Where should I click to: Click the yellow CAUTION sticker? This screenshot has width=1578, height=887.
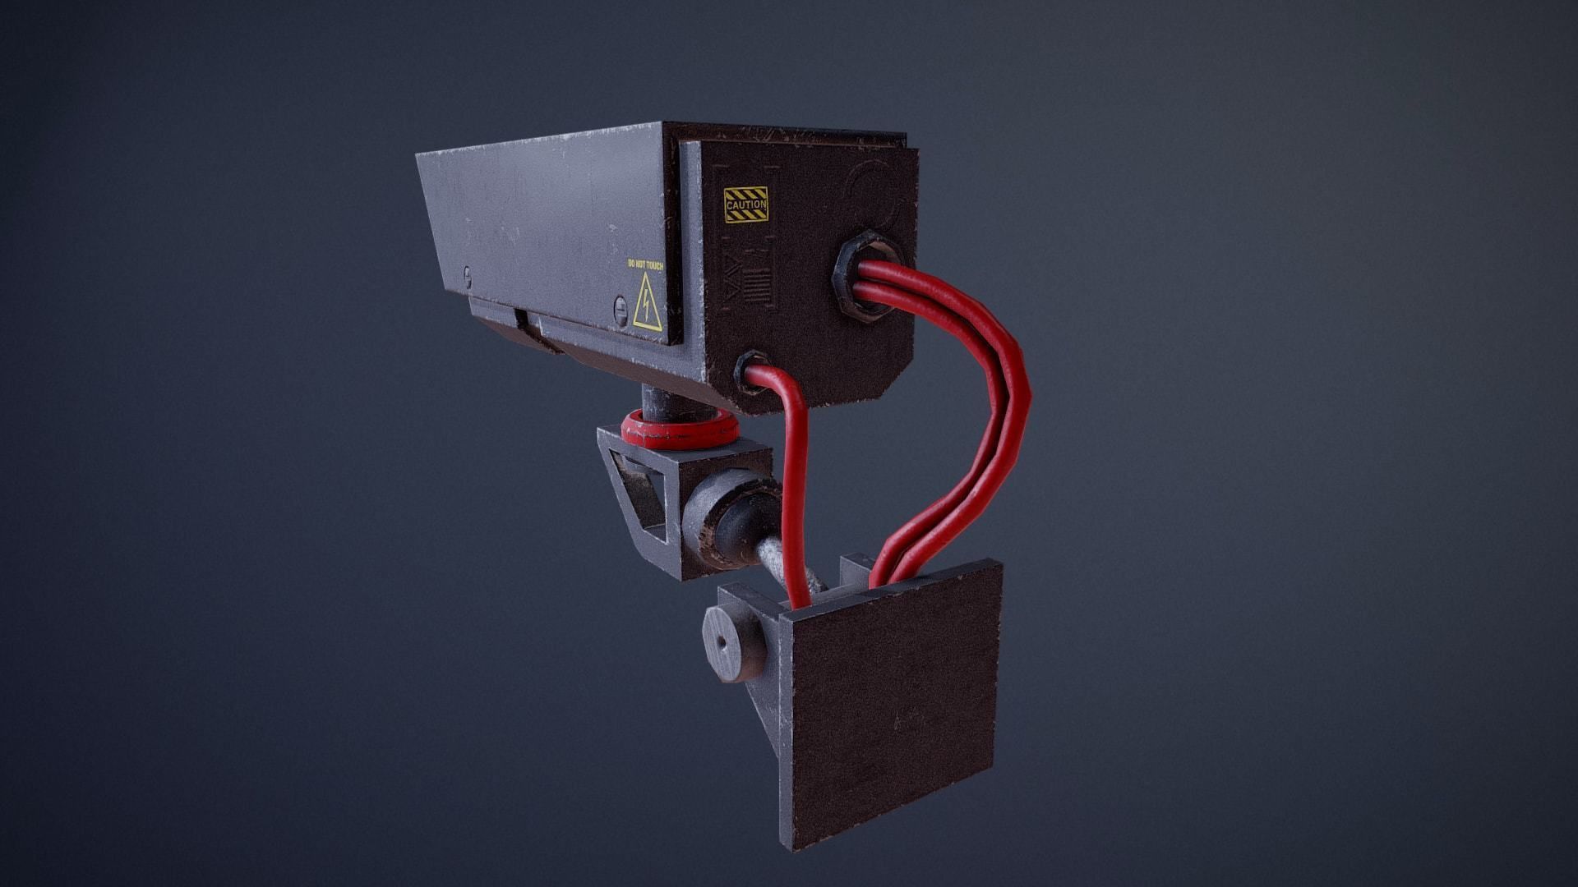[745, 205]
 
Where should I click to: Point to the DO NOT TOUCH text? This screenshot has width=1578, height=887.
[645, 264]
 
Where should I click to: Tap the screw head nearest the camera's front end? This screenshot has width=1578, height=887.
[468, 273]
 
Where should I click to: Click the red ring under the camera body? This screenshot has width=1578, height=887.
[681, 429]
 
